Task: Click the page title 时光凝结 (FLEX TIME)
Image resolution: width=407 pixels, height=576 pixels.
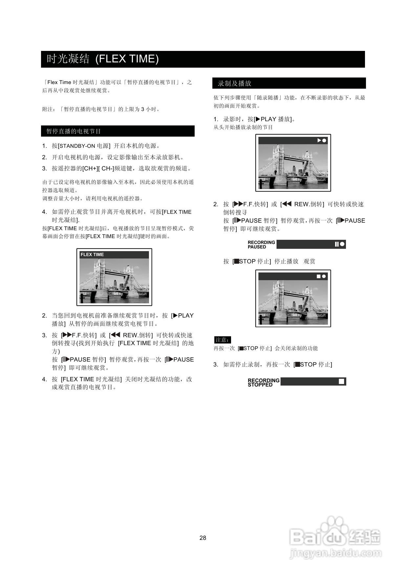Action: tap(103, 59)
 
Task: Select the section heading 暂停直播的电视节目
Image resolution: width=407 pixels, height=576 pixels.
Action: tap(74, 131)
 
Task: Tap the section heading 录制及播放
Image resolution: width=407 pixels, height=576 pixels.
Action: tap(234, 83)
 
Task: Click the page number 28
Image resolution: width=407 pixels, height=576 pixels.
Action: tap(203, 538)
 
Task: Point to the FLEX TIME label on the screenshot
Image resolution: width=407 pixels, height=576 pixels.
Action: tap(92, 255)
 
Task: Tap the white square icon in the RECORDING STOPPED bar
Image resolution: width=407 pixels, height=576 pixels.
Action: tap(341, 381)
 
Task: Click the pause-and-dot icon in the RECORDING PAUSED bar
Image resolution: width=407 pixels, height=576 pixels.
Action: tap(339, 244)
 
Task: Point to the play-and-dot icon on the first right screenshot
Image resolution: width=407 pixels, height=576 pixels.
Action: tap(322, 140)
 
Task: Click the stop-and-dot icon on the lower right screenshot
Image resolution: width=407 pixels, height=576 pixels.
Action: tap(321, 276)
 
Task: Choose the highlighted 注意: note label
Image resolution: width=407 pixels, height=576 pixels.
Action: tap(223, 340)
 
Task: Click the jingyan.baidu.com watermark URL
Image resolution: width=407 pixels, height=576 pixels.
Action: tap(335, 553)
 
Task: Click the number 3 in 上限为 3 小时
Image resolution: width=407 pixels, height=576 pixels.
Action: tap(143, 109)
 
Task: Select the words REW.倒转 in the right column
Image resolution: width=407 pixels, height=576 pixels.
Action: tap(309, 204)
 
